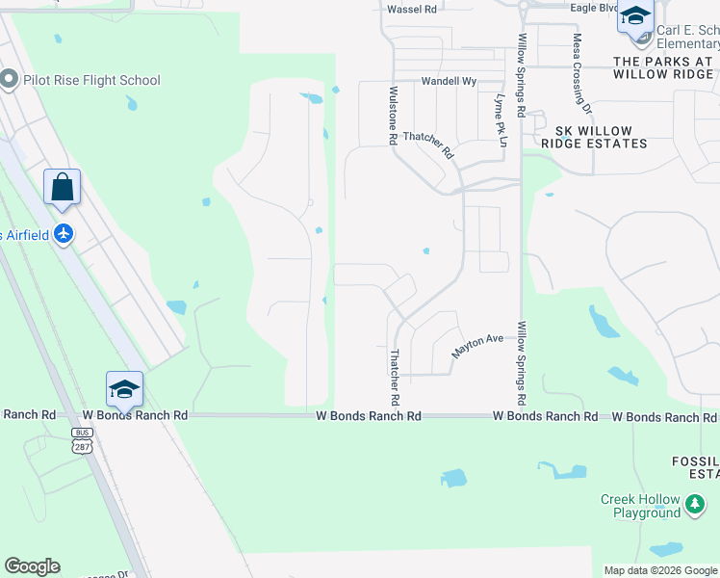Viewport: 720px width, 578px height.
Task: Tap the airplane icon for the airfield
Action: (x=64, y=233)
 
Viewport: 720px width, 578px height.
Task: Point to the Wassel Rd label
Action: (x=411, y=9)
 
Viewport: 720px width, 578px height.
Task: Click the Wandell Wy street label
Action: (x=449, y=82)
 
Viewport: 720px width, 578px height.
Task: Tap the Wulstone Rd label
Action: (x=393, y=115)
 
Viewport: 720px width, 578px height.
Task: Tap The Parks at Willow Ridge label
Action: (x=664, y=66)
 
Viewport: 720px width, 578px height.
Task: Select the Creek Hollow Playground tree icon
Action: (x=694, y=502)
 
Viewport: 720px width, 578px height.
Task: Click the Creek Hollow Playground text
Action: (x=640, y=506)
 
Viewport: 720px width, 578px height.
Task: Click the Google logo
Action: (x=32, y=566)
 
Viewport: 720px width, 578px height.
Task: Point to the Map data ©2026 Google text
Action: (x=659, y=570)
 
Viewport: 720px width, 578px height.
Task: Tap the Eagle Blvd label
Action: (x=593, y=8)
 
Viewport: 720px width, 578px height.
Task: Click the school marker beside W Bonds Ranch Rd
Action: (x=124, y=388)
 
